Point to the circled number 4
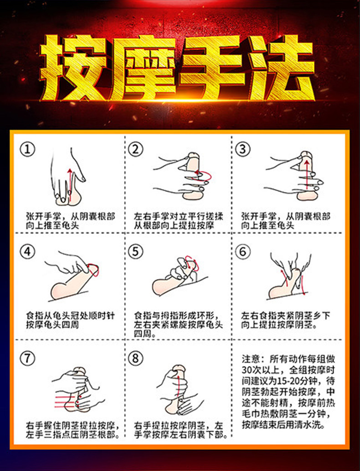pos(29,252)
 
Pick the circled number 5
pos(135,252)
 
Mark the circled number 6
pos(242,252)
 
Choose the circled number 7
pos(29,358)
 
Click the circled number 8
pos(135,358)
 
